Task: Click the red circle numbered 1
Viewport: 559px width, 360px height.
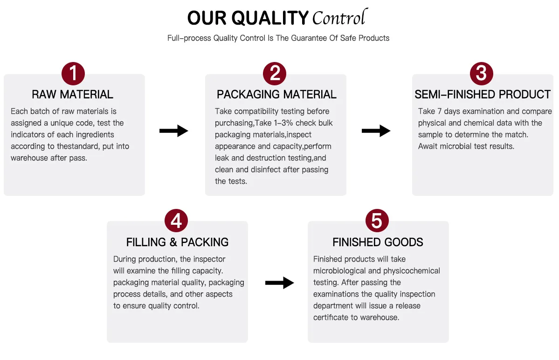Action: [73, 74]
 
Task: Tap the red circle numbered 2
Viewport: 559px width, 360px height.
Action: [275, 74]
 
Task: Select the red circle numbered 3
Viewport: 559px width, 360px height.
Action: [482, 74]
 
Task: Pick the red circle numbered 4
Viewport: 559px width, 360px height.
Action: [176, 221]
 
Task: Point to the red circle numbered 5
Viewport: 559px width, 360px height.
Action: [377, 221]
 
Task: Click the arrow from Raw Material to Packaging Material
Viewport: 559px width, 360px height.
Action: [173, 131]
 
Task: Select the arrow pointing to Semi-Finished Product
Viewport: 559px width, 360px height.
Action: [376, 131]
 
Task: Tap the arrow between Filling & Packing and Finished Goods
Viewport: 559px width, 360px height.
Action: [279, 283]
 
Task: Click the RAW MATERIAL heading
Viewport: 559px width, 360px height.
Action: [72, 95]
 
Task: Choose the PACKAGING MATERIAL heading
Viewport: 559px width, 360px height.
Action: [276, 95]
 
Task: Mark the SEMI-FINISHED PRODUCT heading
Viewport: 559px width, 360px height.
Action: [483, 95]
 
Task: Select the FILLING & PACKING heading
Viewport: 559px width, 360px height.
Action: [177, 242]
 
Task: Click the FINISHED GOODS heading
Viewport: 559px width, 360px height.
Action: [378, 242]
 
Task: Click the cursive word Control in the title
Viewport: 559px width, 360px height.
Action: [339, 18]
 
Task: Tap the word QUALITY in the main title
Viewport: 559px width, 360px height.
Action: [270, 19]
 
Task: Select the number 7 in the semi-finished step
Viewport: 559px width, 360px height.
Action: [440, 111]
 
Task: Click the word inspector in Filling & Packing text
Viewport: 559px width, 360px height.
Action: [209, 259]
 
